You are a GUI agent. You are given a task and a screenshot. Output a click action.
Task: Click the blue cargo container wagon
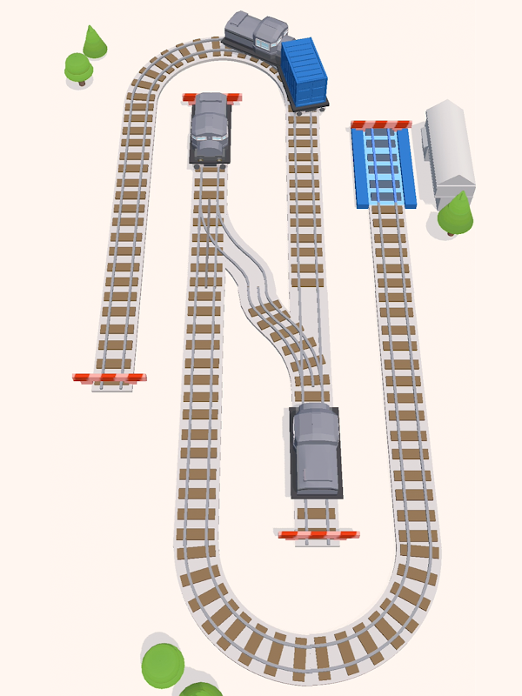pos(304,74)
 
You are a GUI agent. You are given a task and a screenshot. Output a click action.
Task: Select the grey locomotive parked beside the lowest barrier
pos(316,450)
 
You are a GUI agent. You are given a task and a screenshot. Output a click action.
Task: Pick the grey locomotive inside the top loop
pos(210,128)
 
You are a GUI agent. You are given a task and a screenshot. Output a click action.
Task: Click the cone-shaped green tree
pos(94,42)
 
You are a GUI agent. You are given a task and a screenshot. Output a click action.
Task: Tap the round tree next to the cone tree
pos(78,66)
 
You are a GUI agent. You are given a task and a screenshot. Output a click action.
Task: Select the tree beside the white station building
pos(455,213)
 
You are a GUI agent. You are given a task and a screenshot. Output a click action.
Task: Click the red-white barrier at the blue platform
pos(381,125)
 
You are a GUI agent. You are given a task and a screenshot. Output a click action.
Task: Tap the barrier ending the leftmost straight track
pos(109,378)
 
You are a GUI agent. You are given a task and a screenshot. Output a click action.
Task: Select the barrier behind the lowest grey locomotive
pos(318,533)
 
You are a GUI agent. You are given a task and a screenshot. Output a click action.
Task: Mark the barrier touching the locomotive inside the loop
pos(211,97)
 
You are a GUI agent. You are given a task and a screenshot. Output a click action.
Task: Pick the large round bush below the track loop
pos(164,666)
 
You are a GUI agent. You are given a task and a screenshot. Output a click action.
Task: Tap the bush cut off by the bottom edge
pos(201,690)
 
